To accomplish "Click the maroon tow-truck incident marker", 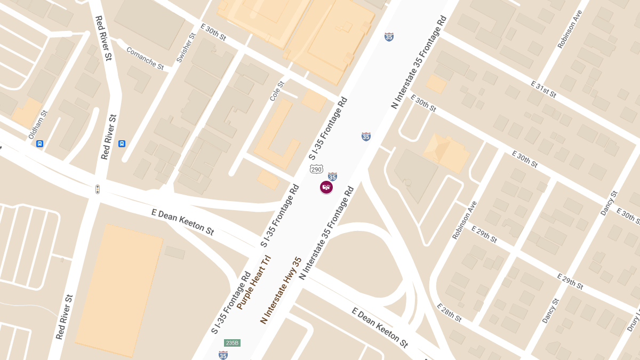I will (x=326, y=187).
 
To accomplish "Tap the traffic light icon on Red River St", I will (x=98, y=189).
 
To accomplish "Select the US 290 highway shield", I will (x=316, y=169).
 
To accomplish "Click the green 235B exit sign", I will (x=232, y=343).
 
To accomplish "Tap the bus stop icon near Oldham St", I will (x=39, y=143).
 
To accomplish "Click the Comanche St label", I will (x=145, y=59).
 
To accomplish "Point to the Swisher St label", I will (x=186, y=47).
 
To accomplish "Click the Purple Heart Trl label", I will (x=254, y=283).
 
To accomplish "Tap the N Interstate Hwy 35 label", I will (x=281, y=291).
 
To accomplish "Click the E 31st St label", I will (x=543, y=90).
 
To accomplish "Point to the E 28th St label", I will (x=449, y=313).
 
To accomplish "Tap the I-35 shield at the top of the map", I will (x=389, y=37).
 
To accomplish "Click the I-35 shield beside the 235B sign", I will (x=223, y=355).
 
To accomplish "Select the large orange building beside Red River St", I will (x=119, y=291).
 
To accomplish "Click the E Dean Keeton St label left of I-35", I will (x=183, y=222).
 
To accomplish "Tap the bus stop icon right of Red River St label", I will (x=122, y=143).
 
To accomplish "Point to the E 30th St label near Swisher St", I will (x=213, y=33).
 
